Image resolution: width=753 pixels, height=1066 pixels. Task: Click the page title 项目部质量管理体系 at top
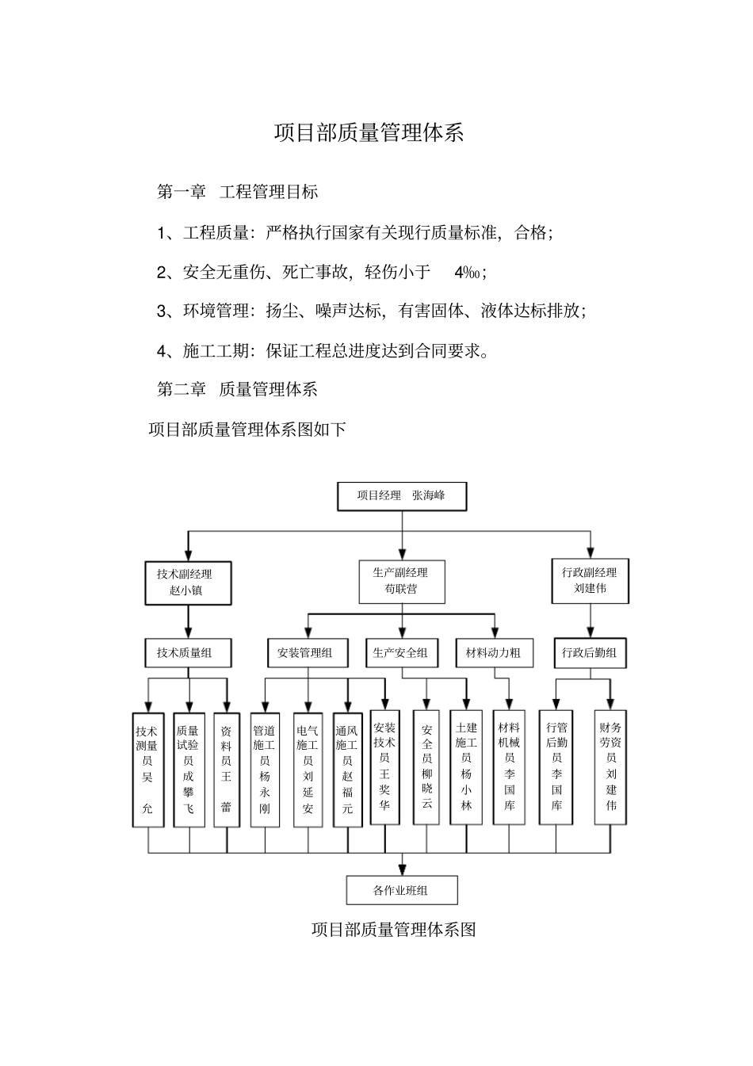(369, 133)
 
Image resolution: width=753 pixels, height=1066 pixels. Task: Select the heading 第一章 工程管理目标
(238, 192)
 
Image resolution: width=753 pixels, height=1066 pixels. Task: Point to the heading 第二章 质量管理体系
(238, 389)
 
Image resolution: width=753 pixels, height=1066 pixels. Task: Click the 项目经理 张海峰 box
(402, 496)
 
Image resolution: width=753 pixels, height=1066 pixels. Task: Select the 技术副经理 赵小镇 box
(188, 583)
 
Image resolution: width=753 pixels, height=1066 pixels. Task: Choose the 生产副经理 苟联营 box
(401, 581)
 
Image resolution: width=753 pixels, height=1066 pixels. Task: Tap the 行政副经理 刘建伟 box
(589, 581)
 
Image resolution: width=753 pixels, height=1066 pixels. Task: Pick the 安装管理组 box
(306, 653)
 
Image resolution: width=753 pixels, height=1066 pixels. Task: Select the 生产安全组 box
(401, 653)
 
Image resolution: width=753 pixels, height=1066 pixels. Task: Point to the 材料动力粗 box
(494, 653)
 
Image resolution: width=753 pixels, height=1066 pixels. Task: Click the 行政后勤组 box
(589, 653)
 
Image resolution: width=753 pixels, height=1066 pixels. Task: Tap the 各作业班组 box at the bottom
(402, 890)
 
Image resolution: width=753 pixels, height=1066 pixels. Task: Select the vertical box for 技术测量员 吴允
(147, 770)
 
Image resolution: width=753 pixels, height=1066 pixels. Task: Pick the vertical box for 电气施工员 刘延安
(308, 770)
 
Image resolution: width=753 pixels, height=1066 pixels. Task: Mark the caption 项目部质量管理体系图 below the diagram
(393, 930)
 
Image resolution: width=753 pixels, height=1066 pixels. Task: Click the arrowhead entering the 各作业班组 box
(402, 869)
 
